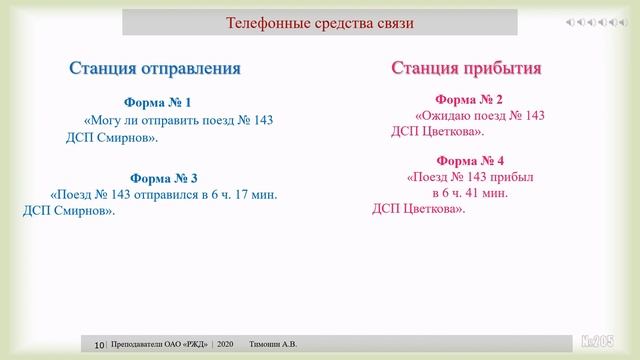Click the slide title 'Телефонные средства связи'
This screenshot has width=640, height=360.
tap(319, 23)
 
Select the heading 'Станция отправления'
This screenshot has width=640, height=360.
tap(155, 69)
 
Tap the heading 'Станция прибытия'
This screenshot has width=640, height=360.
tap(466, 68)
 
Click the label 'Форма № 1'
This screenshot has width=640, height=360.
tap(157, 103)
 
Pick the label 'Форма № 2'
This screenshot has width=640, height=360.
tap(469, 100)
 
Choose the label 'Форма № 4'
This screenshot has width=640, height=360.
tap(470, 161)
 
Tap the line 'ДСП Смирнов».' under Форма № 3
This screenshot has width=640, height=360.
tap(69, 211)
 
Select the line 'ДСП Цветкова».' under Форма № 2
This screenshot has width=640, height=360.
tap(437, 131)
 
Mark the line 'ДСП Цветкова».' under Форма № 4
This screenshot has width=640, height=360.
tap(418, 209)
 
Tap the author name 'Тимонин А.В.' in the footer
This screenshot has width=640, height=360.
tap(273, 345)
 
